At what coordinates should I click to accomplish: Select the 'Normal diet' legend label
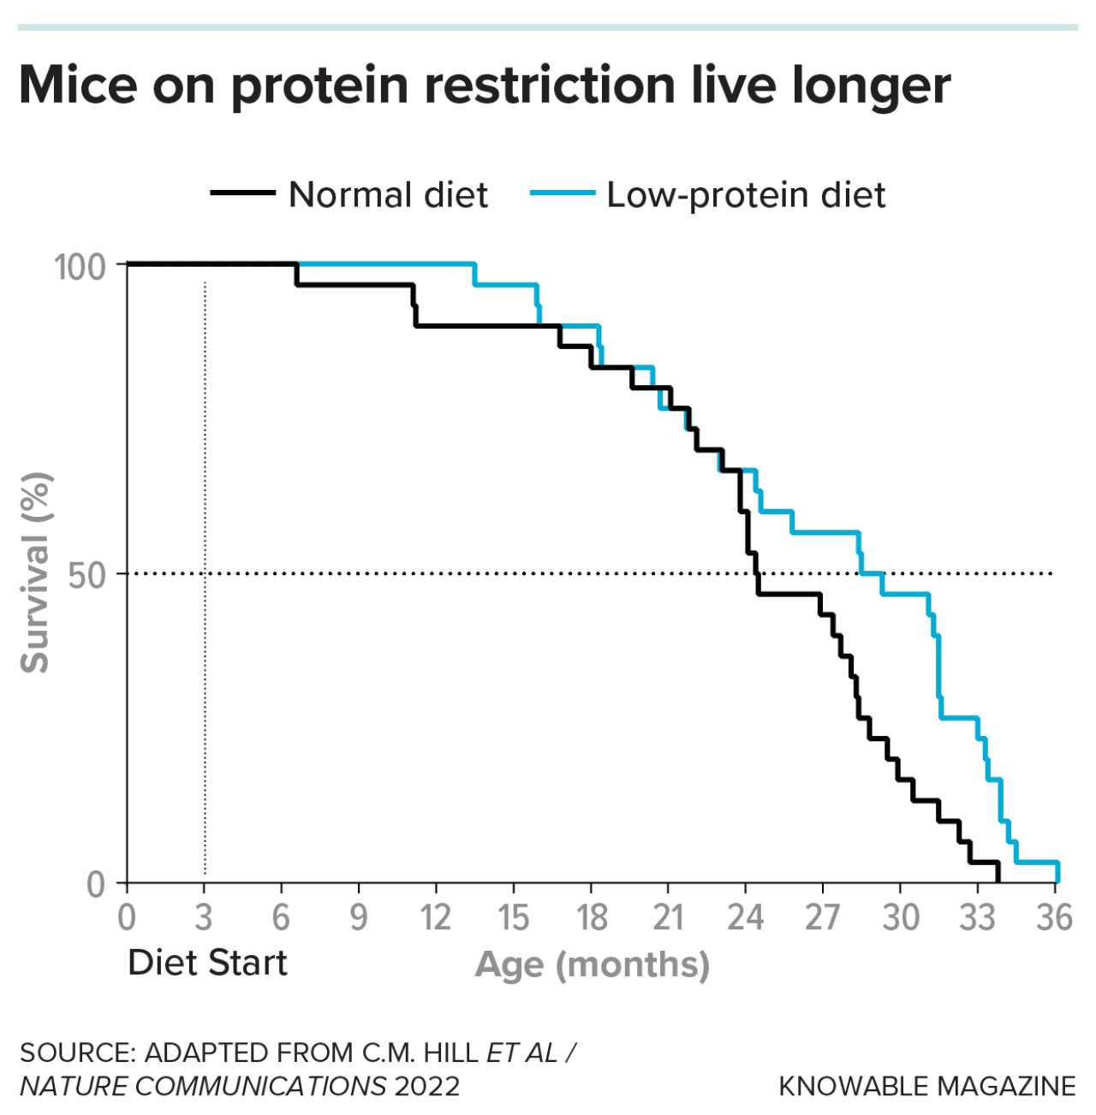tap(388, 195)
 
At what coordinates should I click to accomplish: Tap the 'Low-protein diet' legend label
tap(746, 195)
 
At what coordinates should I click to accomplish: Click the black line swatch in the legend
tap(242, 193)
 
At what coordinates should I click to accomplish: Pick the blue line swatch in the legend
tap(562, 193)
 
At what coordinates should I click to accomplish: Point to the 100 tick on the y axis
tap(80, 266)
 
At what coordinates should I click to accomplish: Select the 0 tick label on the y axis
tap(96, 884)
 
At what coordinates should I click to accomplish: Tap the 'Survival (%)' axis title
tap(36, 573)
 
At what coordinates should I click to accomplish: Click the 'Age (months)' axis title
tap(593, 964)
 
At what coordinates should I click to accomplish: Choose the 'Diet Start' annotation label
tap(207, 963)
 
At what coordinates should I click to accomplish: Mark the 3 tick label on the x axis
tap(204, 917)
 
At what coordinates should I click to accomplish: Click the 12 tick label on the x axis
tap(435, 917)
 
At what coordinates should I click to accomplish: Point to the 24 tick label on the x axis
tap(745, 917)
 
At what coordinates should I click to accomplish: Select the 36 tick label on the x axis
tap(1054, 917)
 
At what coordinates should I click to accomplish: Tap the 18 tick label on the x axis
tap(591, 917)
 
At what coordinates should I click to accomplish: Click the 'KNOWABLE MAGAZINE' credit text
tap(926, 1087)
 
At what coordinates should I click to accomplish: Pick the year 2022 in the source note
tap(426, 1087)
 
